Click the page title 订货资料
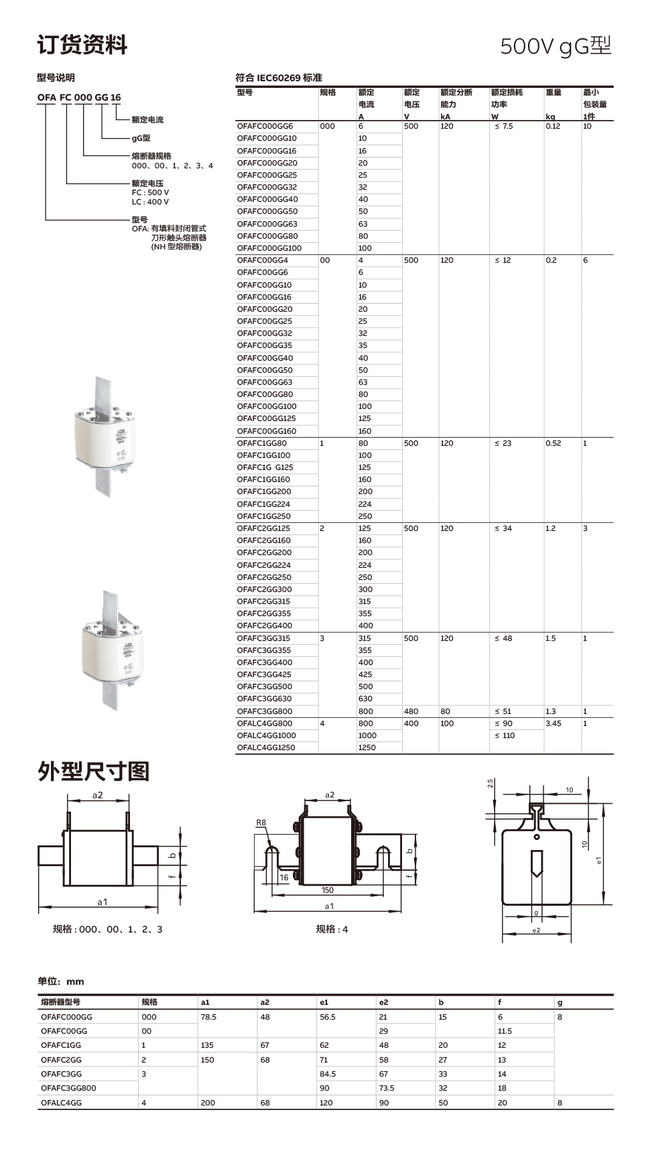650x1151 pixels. pyautogui.click(x=82, y=45)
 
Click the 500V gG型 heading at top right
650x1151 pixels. pyautogui.click(x=556, y=46)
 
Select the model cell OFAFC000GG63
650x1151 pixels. pyautogui.click(x=267, y=224)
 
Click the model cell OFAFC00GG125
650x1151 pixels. pyautogui.click(x=266, y=418)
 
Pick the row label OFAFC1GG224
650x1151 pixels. pyautogui.click(x=263, y=504)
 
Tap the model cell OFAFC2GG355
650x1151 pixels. pyautogui.click(x=263, y=613)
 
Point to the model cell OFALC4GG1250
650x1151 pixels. pyautogui.click(x=265, y=747)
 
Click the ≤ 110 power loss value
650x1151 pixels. pyautogui.click(x=505, y=735)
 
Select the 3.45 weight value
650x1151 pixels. pyautogui.click(x=554, y=723)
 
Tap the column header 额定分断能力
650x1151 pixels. pyautogui.click(x=456, y=99)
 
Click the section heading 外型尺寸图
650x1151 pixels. pyautogui.click(x=93, y=772)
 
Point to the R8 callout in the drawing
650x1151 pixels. pyautogui.click(x=261, y=823)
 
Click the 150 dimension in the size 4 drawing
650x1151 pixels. pyautogui.click(x=327, y=890)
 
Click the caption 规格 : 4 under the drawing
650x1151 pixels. pyautogui.click(x=332, y=929)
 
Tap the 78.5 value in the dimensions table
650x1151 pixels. pyautogui.click(x=208, y=1017)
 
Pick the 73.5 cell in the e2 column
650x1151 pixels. pyautogui.click(x=387, y=1088)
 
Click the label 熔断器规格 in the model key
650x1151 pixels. pyautogui.click(x=151, y=156)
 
